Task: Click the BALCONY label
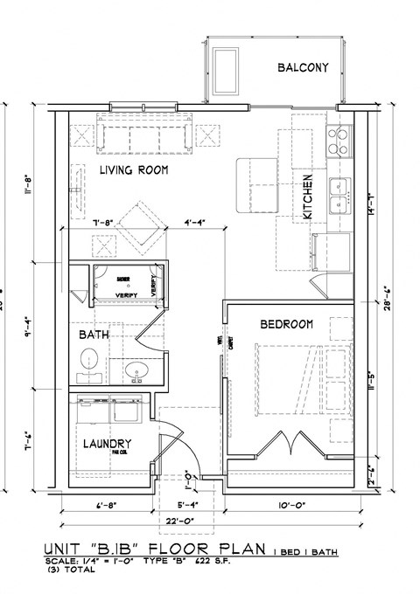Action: click(x=303, y=67)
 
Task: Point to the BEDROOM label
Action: click(x=286, y=324)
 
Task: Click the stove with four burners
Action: click(x=339, y=138)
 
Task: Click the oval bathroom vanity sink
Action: click(x=136, y=373)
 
